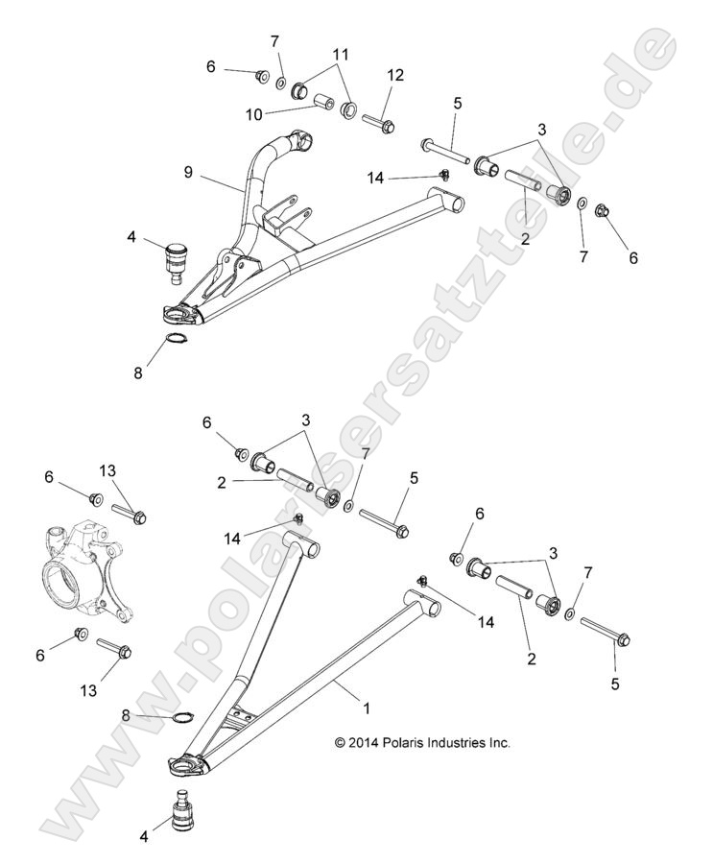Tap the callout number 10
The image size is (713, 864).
(x=254, y=114)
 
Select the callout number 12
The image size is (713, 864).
(x=394, y=75)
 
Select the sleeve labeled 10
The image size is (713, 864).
(x=325, y=101)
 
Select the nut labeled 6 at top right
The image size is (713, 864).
(x=604, y=211)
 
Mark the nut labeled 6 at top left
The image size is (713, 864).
(x=260, y=74)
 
